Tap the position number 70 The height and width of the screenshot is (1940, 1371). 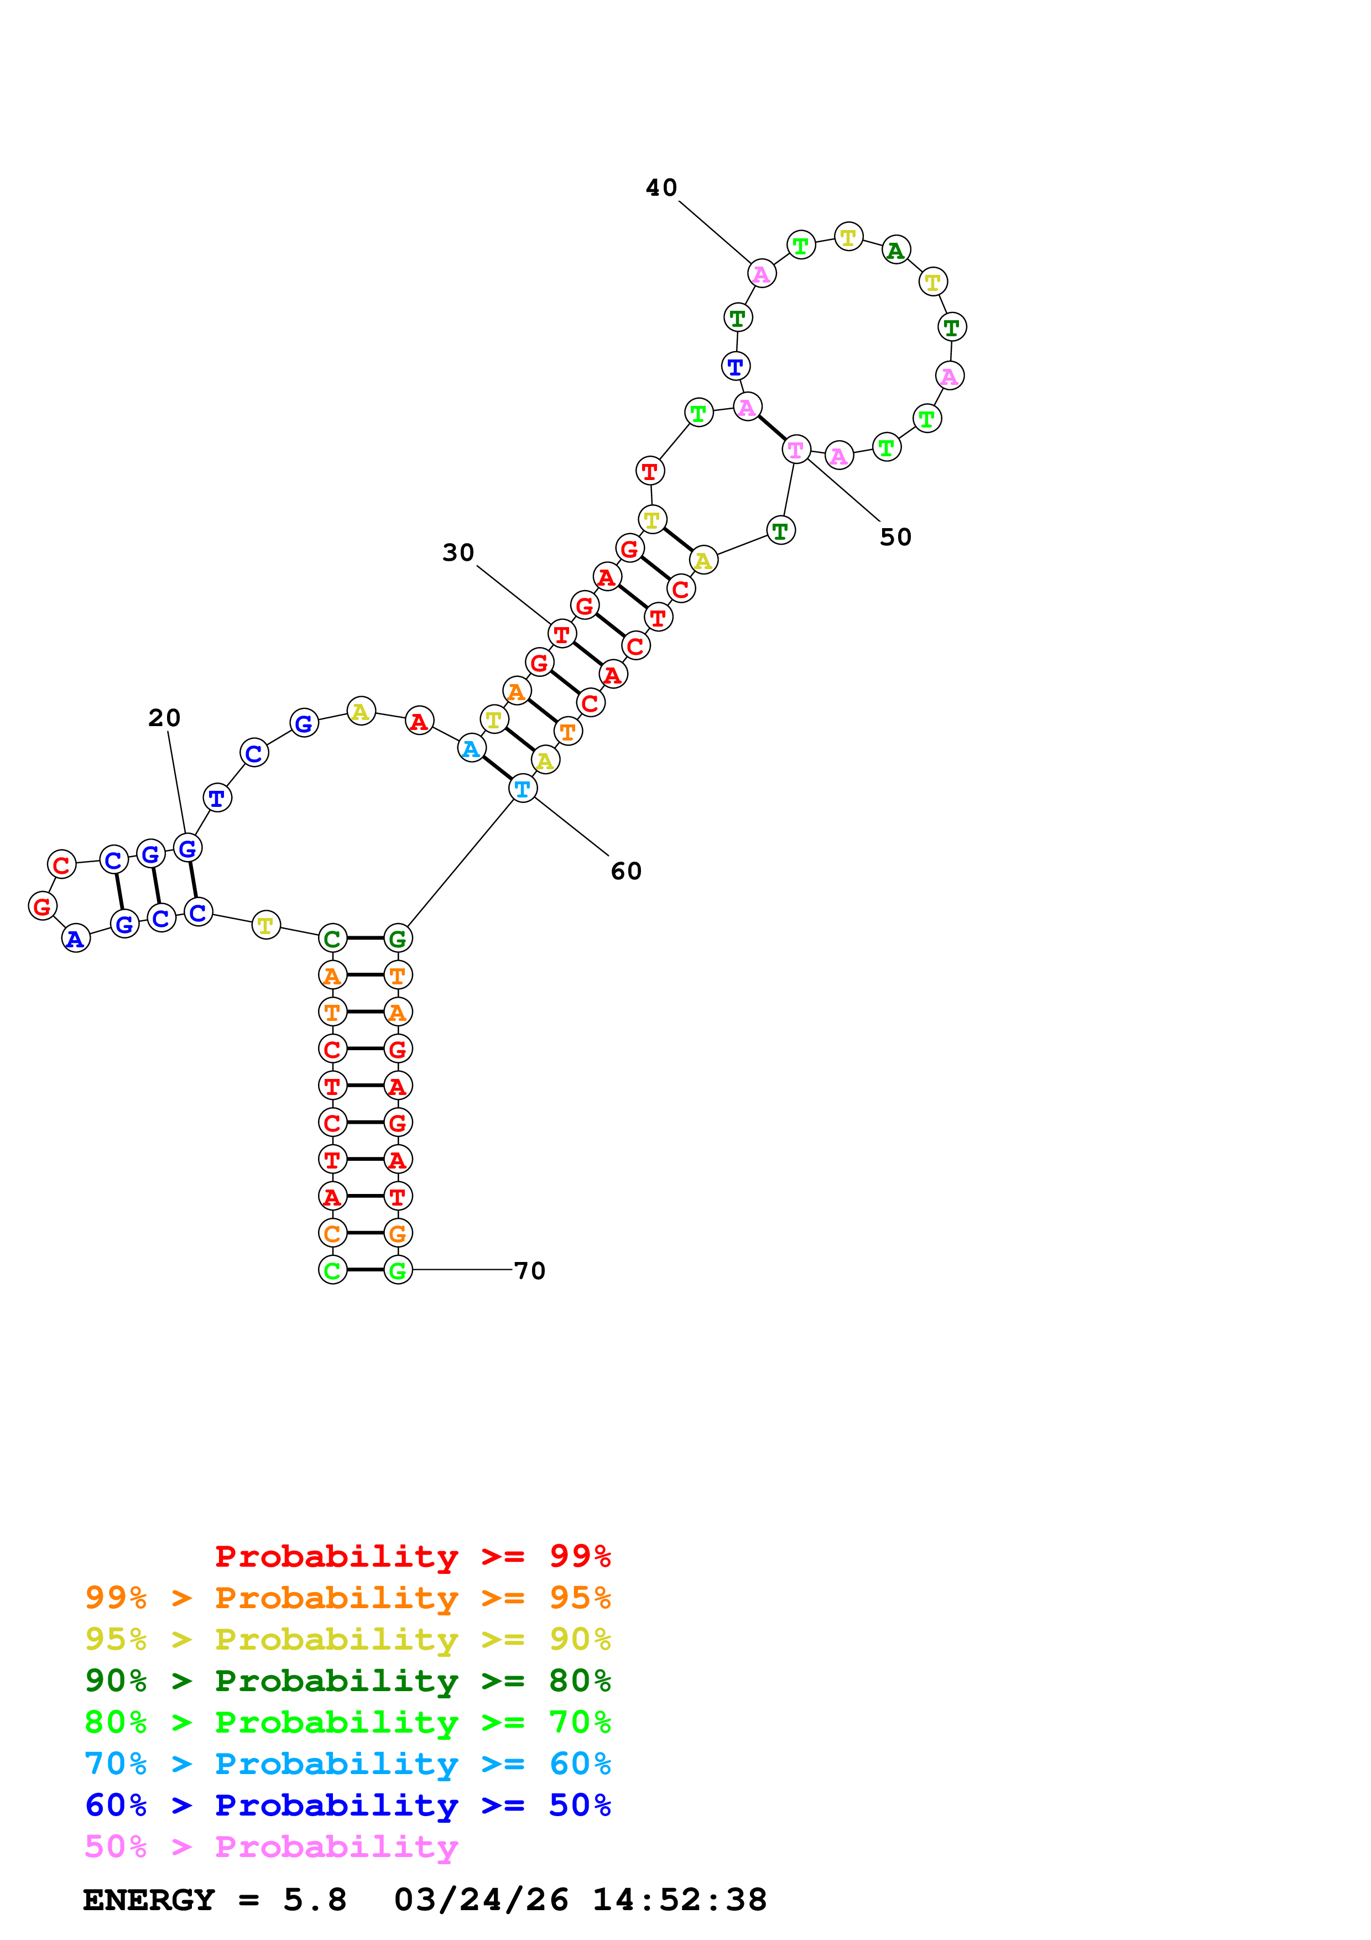[530, 1271]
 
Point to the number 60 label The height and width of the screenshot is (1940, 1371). [626, 871]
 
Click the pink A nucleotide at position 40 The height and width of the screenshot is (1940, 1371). [761, 274]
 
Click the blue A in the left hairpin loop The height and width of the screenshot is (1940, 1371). [76, 938]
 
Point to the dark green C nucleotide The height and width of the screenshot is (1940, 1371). [332, 938]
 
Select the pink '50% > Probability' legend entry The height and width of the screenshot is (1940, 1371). [271, 1847]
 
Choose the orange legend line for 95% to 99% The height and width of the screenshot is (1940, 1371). [347, 1598]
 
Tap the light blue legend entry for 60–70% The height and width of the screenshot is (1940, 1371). [347, 1764]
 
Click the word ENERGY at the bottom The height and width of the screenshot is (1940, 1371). [149, 1900]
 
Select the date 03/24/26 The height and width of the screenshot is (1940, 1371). [481, 1900]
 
